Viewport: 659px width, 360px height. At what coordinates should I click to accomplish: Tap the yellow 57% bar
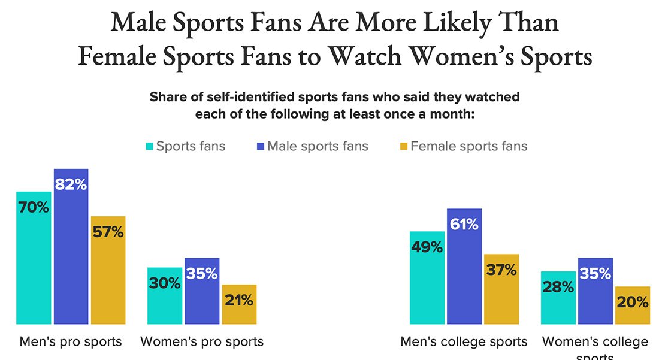click(108, 270)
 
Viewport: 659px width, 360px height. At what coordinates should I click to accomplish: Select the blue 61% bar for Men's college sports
click(464, 266)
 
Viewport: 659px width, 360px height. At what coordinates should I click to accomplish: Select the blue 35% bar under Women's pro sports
click(202, 291)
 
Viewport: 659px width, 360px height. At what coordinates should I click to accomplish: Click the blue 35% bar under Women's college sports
click(595, 291)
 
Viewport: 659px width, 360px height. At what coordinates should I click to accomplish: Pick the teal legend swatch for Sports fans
click(150, 146)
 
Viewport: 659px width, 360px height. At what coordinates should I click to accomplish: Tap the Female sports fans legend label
click(468, 146)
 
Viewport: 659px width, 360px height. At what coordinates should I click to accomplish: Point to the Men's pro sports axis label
click(71, 341)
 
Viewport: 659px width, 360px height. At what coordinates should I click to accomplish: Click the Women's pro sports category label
click(202, 341)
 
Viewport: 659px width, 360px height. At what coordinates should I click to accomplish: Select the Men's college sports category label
click(464, 341)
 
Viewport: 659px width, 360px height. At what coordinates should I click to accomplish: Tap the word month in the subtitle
click(453, 114)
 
